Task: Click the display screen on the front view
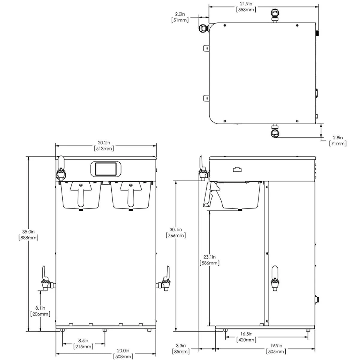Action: coord(106,169)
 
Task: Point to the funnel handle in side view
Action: coord(212,195)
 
